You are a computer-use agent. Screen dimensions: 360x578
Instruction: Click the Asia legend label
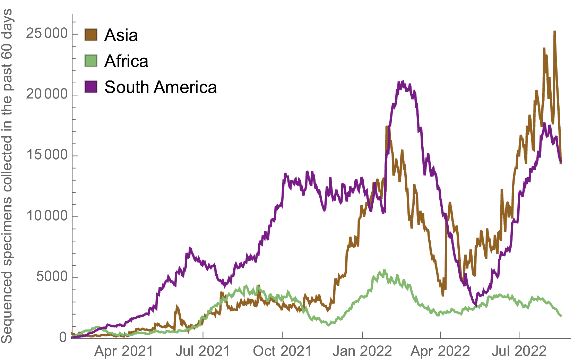[x=121, y=35]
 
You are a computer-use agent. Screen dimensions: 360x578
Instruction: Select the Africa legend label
[x=126, y=61]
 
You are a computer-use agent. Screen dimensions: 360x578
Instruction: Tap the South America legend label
[x=161, y=87]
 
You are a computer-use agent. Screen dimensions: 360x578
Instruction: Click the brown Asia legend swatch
[x=91, y=35]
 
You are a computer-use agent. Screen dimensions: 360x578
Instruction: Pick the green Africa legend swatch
[x=91, y=61]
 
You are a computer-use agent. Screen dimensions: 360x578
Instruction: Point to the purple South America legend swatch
[x=91, y=87]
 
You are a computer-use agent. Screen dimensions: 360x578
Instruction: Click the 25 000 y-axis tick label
[x=47, y=34]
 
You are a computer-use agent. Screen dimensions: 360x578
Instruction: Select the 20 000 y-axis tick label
[x=47, y=94]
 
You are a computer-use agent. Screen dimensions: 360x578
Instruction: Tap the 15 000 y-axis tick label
[x=47, y=155]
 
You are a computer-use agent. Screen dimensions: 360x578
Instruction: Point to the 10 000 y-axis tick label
[x=47, y=216]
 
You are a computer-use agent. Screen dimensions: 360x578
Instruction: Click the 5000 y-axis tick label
[x=52, y=277]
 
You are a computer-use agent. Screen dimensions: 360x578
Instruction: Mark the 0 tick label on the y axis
[x=63, y=337]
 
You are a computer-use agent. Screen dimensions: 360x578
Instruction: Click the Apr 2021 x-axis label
[x=124, y=351]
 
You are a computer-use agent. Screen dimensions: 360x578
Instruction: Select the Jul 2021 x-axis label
[x=203, y=351]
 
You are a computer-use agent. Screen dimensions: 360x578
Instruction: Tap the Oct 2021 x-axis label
[x=282, y=351]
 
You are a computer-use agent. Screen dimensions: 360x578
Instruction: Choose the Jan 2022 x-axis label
[x=362, y=351]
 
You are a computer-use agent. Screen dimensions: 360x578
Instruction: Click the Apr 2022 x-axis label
[x=440, y=351]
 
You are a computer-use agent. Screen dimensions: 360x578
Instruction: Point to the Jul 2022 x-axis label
[x=519, y=351]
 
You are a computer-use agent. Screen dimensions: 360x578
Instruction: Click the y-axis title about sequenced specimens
[x=7, y=176]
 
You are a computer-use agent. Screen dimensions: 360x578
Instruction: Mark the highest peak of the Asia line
[x=555, y=32]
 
